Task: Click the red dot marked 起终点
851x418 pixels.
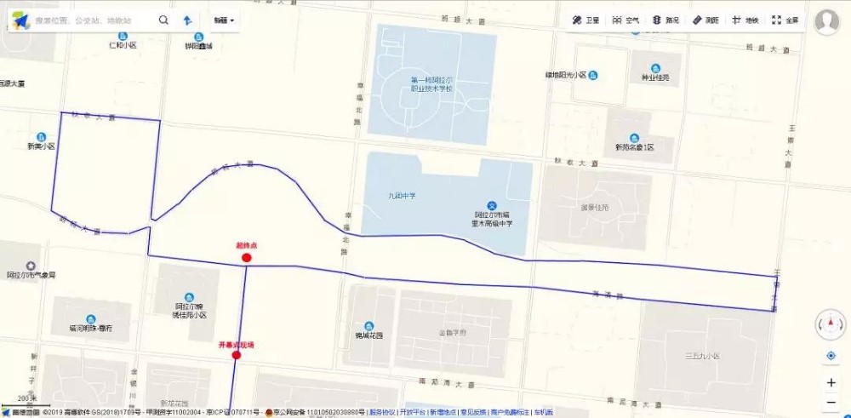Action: pyautogui.click(x=247, y=258)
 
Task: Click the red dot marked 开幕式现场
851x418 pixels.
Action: pyautogui.click(x=237, y=356)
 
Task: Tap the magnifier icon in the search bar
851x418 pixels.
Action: pyautogui.click(x=163, y=20)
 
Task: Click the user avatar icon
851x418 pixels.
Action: pyautogui.click(x=826, y=21)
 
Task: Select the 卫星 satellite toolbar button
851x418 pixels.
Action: pyautogui.click(x=585, y=20)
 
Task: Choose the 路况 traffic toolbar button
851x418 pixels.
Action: pyautogui.click(x=665, y=20)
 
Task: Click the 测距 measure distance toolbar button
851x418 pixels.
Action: pyautogui.click(x=705, y=20)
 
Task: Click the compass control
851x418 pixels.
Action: pyautogui.click(x=831, y=324)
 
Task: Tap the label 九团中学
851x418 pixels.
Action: pyautogui.click(x=402, y=197)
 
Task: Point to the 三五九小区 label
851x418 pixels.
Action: pyautogui.click(x=702, y=355)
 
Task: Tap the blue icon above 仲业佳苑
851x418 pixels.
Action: pyautogui.click(x=655, y=68)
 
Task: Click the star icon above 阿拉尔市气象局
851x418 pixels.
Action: pyautogui.click(x=31, y=266)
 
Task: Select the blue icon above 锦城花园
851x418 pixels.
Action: pyautogui.click(x=368, y=326)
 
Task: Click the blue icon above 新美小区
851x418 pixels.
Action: pyautogui.click(x=40, y=137)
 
